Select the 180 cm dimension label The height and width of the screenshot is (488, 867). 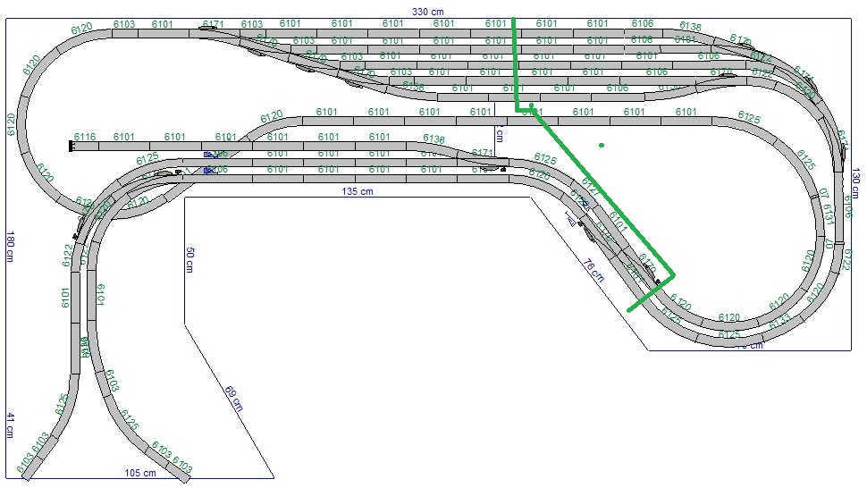[x=10, y=246]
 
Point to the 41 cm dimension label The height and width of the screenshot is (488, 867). [x=10, y=425]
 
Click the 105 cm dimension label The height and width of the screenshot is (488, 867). [x=140, y=473]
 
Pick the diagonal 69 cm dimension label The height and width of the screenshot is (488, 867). [x=232, y=398]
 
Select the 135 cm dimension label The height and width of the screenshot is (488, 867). [x=357, y=191]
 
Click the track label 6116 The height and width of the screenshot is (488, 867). [x=85, y=137]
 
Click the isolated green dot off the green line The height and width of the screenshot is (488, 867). [x=602, y=145]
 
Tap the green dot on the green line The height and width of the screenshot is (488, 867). [x=531, y=106]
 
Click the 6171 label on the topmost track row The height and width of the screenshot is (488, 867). [x=213, y=24]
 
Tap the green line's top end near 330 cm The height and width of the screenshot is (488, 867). [x=513, y=18]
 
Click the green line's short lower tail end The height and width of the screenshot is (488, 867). [x=629, y=310]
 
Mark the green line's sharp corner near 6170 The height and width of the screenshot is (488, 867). [x=673, y=274]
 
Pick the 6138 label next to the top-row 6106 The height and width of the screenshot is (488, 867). [x=690, y=27]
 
